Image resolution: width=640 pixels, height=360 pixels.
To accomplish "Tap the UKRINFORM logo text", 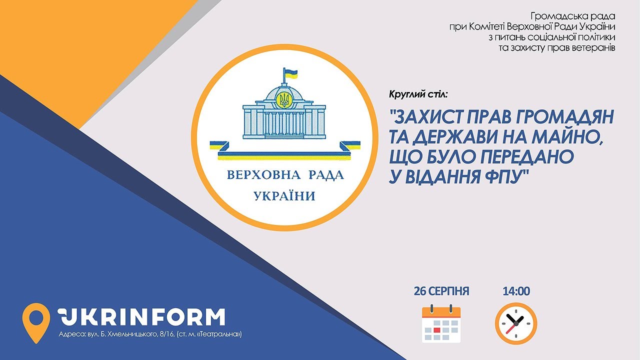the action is point(141,317).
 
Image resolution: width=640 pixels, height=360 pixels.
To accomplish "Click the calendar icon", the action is point(441,323).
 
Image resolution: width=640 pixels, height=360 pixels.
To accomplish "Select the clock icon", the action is point(516,323).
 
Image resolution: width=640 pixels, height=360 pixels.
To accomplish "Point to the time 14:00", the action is point(516,291).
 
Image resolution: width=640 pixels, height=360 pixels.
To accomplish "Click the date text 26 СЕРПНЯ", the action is point(441,291).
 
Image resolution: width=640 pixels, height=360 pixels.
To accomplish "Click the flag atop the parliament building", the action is point(290,73).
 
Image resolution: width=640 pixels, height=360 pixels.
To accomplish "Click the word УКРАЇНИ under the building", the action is point(284,196).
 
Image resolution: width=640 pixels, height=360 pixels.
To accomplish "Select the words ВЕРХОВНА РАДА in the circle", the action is point(285,175).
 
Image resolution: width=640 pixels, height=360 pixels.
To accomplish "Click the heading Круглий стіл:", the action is point(417,94).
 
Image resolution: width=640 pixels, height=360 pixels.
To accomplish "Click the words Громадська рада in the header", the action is point(573,16).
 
